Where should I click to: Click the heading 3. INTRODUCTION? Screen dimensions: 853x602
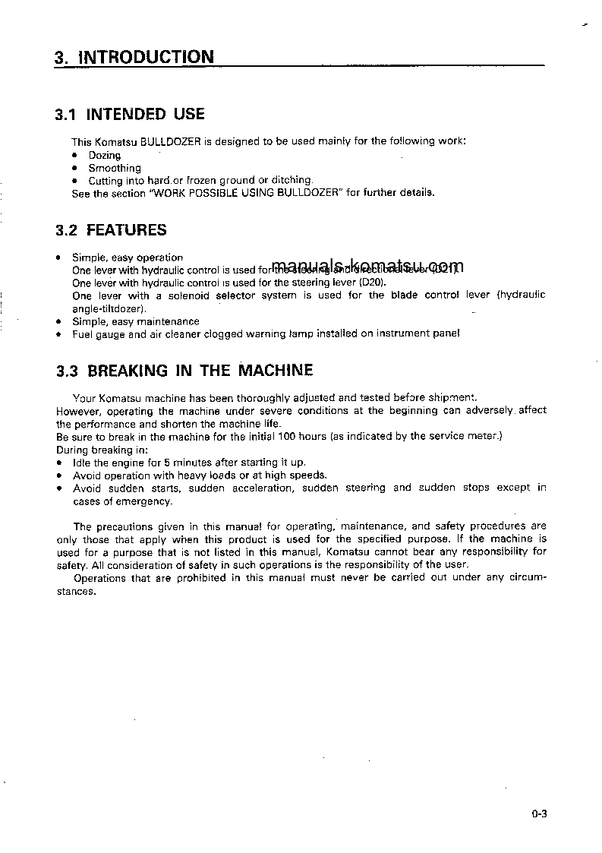tap(134, 57)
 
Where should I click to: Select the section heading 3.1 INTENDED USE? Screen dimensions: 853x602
tap(130, 115)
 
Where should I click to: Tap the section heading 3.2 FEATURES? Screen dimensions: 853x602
tap(111, 229)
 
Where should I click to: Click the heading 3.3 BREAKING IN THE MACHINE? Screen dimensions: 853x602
tap(184, 371)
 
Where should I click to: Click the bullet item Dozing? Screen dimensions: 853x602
tap(105, 155)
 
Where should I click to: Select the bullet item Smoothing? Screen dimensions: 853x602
tap(115, 168)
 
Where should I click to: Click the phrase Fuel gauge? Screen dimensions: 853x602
tap(98, 333)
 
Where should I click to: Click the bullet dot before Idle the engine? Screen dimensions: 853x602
tap(59, 463)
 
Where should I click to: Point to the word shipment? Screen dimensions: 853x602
tap(452, 397)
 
